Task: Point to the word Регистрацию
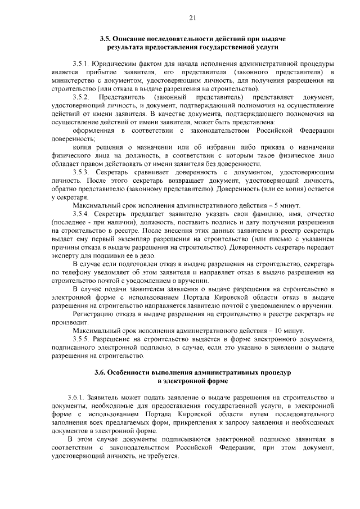(x=96, y=314)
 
